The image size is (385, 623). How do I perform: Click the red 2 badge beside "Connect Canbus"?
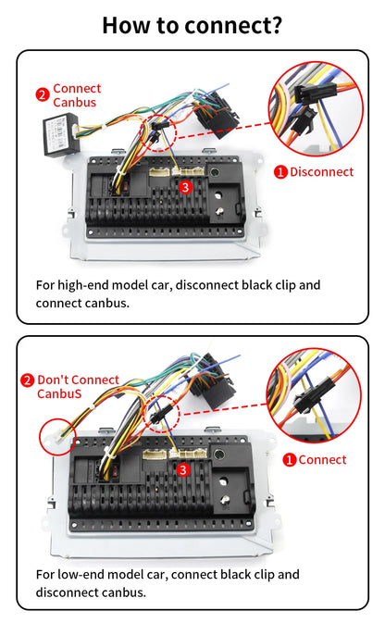pyautogui.click(x=42, y=94)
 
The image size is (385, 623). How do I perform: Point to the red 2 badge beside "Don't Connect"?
pyautogui.click(x=27, y=380)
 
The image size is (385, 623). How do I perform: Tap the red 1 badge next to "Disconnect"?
pyautogui.click(x=280, y=171)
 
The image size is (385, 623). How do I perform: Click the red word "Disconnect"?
pyautogui.click(x=321, y=171)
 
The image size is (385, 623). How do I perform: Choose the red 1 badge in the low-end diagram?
pyautogui.click(x=290, y=459)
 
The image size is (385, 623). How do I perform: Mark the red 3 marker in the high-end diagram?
pyautogui.click(x=185, y=187)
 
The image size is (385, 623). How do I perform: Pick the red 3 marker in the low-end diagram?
pyautogui.click(x=183, y=470)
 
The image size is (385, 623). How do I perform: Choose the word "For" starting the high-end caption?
pyautogui.click(x=45, y=285)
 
